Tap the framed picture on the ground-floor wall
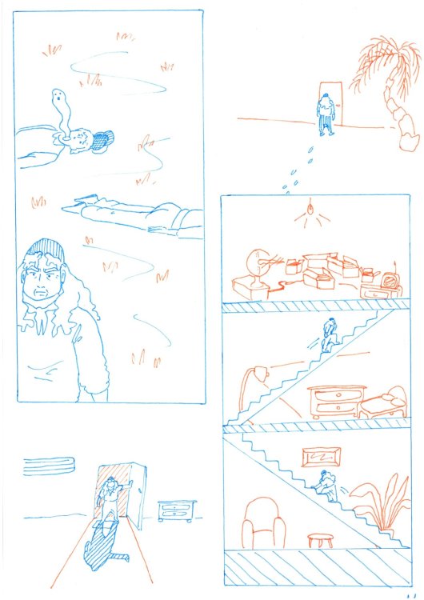tap(322, 458)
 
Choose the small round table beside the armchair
tap(320, 539)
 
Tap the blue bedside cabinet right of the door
tap(176, 510)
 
